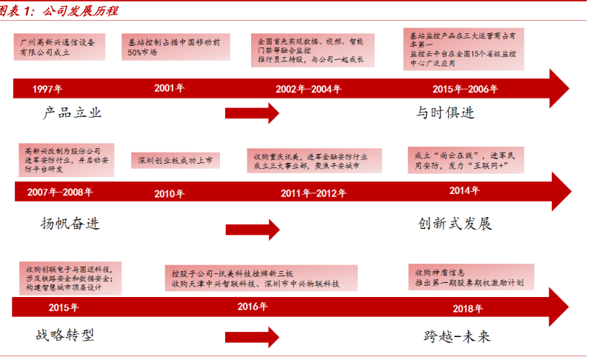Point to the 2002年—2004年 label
tap(308, 89)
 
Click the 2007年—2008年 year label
tap(59, 193)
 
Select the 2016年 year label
tap(253, 306)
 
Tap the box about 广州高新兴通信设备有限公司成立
tap(58, 47)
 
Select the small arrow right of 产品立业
tap(252, 113)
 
